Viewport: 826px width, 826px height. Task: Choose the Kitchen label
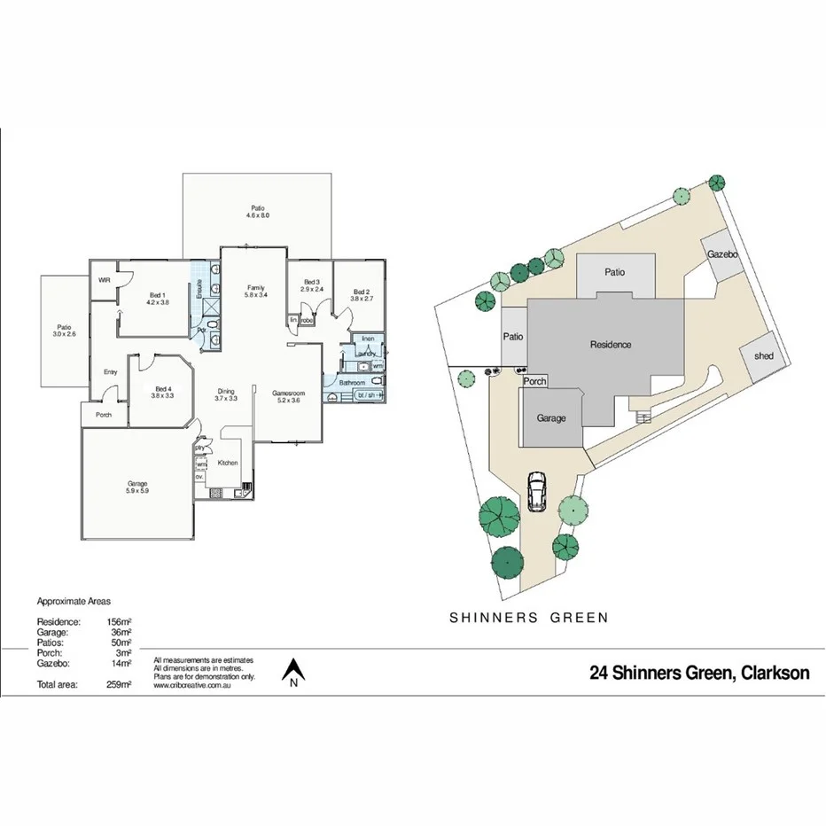click(x=228, y=463)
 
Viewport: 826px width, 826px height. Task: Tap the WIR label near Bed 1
click(x=105, y=280)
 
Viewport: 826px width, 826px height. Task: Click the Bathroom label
click(x=351, y=383)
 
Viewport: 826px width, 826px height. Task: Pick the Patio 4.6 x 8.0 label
click(x=258, y=212)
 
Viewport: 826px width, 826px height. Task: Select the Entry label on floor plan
click(x=111, y=372)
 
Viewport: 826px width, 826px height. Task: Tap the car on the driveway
click(x=537, y=492)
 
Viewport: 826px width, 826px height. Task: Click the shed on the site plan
click(x=763, y=356)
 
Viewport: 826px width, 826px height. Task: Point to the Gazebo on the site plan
click(x=722, y=254)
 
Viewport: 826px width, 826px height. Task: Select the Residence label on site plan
click(x=611, y=344)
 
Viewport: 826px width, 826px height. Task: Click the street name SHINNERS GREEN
click(x=529, y=618)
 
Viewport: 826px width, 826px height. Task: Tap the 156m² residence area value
click(x=119, y=623)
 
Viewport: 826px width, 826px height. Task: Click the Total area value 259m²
click(x=119, y=684)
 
